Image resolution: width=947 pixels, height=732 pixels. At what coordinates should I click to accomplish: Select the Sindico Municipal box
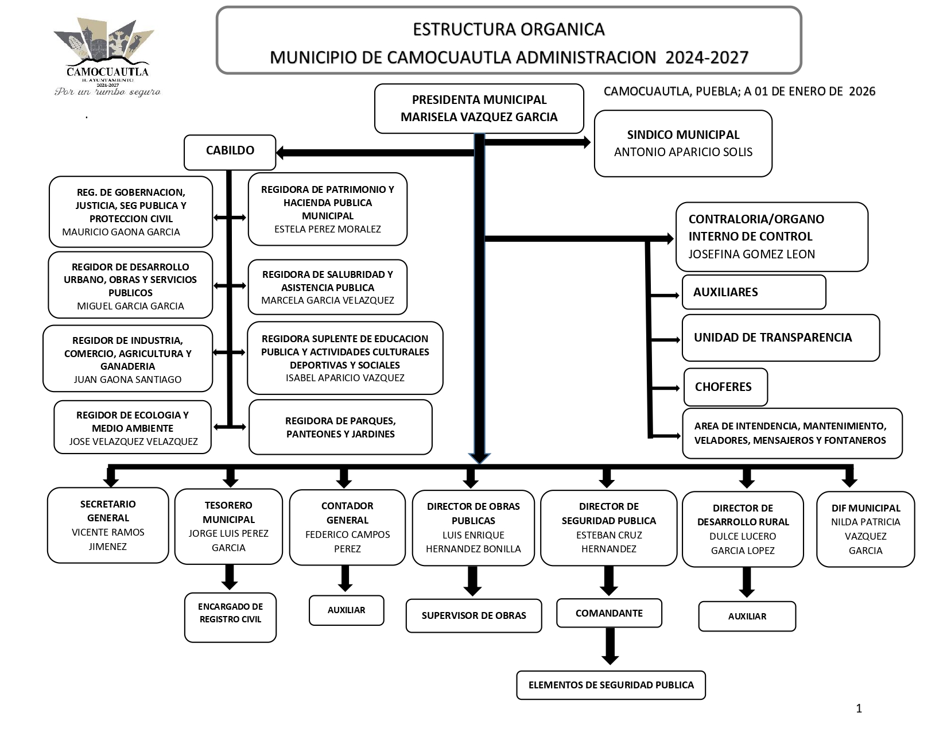click(x=682, y=144)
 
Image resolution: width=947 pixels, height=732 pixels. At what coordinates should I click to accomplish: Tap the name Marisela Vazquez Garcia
click(x=479, y=117)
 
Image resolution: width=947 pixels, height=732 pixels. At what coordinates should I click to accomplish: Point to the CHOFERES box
click(x=725, y=387)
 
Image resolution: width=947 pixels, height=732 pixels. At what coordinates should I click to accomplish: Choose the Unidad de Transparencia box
click(x=780, y=338)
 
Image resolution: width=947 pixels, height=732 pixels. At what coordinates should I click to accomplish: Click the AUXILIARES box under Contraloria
click(x=753, y=292)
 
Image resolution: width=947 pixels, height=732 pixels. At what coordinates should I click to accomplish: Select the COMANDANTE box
click(x=608, y=613)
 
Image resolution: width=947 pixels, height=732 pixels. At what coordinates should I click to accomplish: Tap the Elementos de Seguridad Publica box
click(x=611, y=685)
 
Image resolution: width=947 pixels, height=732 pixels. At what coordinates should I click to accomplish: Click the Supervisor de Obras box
click(x=473, y=615)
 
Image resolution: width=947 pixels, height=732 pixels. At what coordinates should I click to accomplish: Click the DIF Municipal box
click(x=865, y=529)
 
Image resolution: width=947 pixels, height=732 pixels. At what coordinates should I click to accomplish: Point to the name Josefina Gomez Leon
click(x=751, y=254)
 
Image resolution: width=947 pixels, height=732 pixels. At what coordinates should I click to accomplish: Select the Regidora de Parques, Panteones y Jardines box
click(x=340, y=427)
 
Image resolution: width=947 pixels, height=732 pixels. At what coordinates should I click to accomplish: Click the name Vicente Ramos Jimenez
click(x=108, y=539)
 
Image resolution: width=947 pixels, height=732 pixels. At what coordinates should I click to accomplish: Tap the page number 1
click(x=859, y=708)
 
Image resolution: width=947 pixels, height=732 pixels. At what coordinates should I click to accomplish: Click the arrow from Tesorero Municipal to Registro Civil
click(x=230, y=576)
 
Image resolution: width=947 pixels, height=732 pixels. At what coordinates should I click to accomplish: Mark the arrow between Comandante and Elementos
click(x=610, y=646)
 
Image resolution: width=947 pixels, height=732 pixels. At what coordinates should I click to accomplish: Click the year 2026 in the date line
click(x=862, y=91)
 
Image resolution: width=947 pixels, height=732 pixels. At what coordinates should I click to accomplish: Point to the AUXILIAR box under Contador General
click(x=346, y=610)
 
